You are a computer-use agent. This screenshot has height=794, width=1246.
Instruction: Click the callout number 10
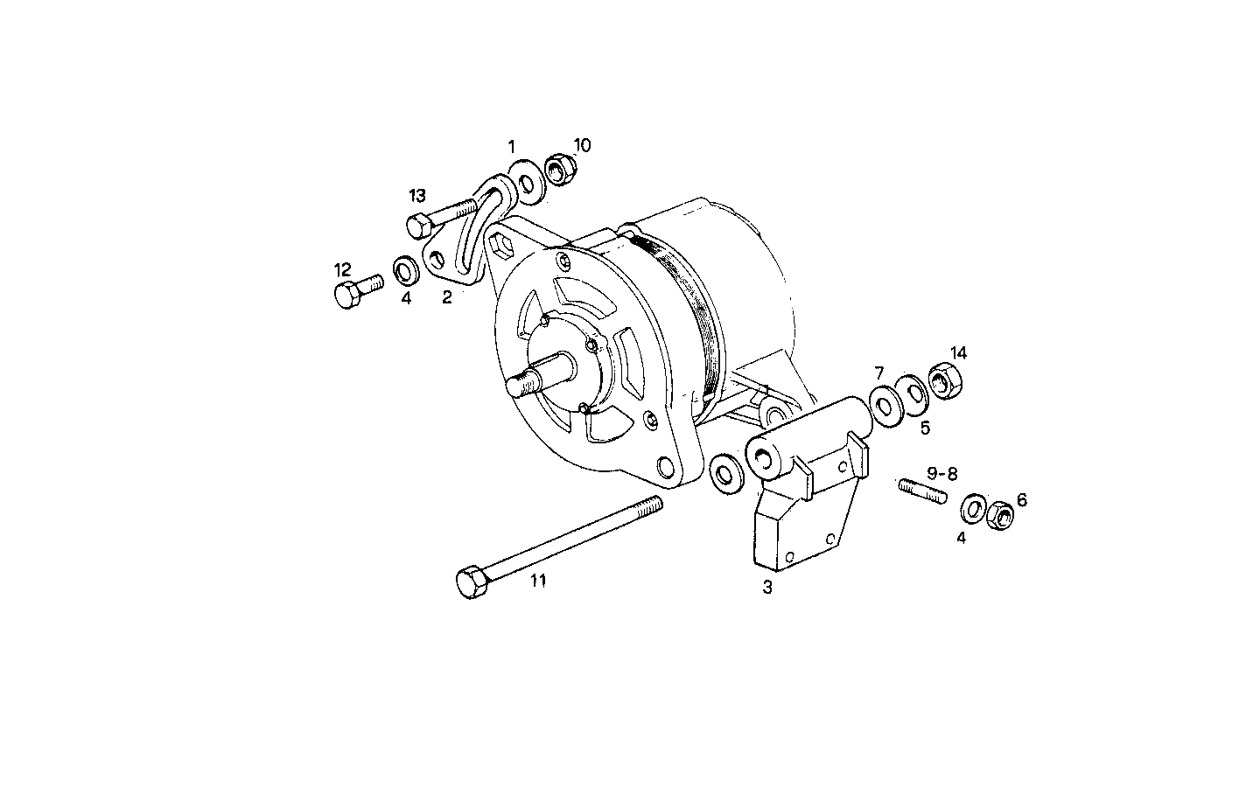coord(582,145)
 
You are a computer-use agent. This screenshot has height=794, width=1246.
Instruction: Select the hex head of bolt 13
coord(417,226)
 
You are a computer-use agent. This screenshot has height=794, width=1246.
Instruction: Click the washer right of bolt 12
coord(405,269)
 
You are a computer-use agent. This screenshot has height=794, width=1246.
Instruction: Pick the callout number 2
coord(447,297)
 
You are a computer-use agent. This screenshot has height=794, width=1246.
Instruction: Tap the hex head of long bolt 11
coord(472,582)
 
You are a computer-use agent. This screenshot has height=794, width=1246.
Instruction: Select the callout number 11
coord(538,580)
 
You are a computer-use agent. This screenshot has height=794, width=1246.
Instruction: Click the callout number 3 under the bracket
coord(767,588)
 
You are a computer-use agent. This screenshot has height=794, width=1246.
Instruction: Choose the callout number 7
coord(879,373)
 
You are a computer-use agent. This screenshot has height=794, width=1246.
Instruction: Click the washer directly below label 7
coord(885,405)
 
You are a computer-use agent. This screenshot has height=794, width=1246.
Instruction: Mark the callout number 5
coord(924,428)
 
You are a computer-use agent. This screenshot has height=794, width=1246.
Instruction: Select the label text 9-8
coord(942,473)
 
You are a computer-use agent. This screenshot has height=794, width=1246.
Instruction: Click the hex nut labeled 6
coord(999,517)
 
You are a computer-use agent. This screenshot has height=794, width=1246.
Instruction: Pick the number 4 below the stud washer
coord(961,538)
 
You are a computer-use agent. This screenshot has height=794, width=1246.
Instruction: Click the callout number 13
coord(417,194)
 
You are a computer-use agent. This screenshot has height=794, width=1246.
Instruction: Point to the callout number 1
coord(512,145)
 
